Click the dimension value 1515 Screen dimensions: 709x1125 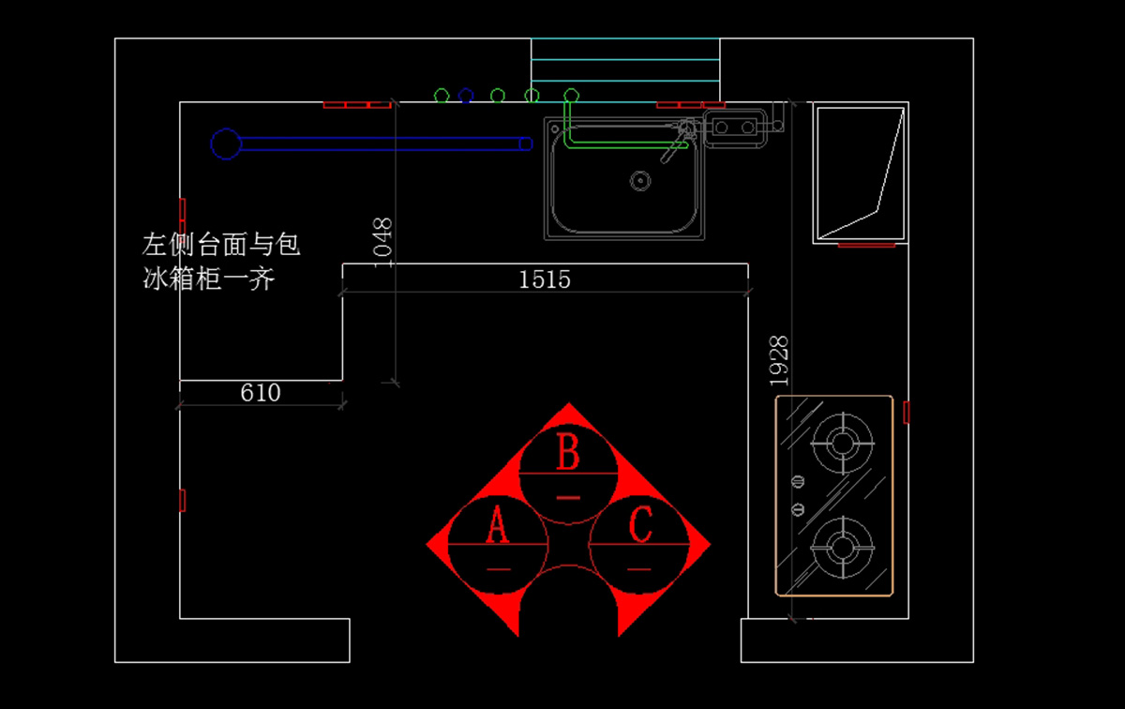[545, 279]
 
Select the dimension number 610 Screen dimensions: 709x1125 [260, 393]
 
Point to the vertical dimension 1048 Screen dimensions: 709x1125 [382, 242]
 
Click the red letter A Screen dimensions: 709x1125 [497, 527]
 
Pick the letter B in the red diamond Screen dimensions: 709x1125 [568, 454]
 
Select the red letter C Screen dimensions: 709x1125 [640, 526]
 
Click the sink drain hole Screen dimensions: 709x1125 [640, 179]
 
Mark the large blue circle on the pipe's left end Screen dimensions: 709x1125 [225, 143]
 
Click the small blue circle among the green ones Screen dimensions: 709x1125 [466, 96]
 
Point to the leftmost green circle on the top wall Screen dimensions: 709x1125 [442, 96]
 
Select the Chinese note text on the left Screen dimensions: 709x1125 [221, 262]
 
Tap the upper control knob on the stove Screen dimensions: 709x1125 [798, 482]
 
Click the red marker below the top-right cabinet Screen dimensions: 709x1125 [866, 246]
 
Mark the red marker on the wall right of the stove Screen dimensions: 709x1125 [907, 412]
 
